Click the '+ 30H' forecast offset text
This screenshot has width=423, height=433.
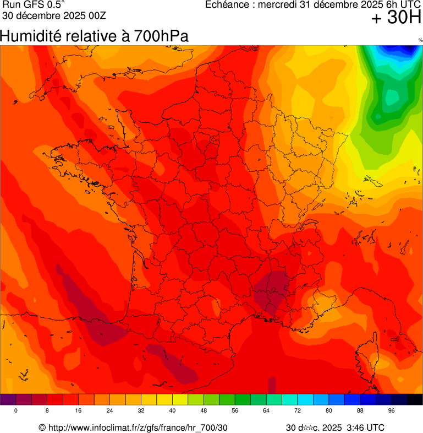396,18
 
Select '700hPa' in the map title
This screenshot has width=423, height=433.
164,36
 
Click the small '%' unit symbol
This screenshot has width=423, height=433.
420,40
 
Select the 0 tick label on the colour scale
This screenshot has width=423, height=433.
16,411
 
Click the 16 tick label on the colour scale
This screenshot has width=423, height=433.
79,411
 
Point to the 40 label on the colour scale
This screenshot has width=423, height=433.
172,411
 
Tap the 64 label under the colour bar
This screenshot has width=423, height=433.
266,411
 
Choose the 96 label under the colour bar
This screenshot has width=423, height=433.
391,411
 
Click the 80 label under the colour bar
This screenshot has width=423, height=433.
328,411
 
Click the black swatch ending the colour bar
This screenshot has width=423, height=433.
414,399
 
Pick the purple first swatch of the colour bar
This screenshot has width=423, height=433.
8,399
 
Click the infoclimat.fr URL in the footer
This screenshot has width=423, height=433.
138,428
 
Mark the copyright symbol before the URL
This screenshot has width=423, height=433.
42,428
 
